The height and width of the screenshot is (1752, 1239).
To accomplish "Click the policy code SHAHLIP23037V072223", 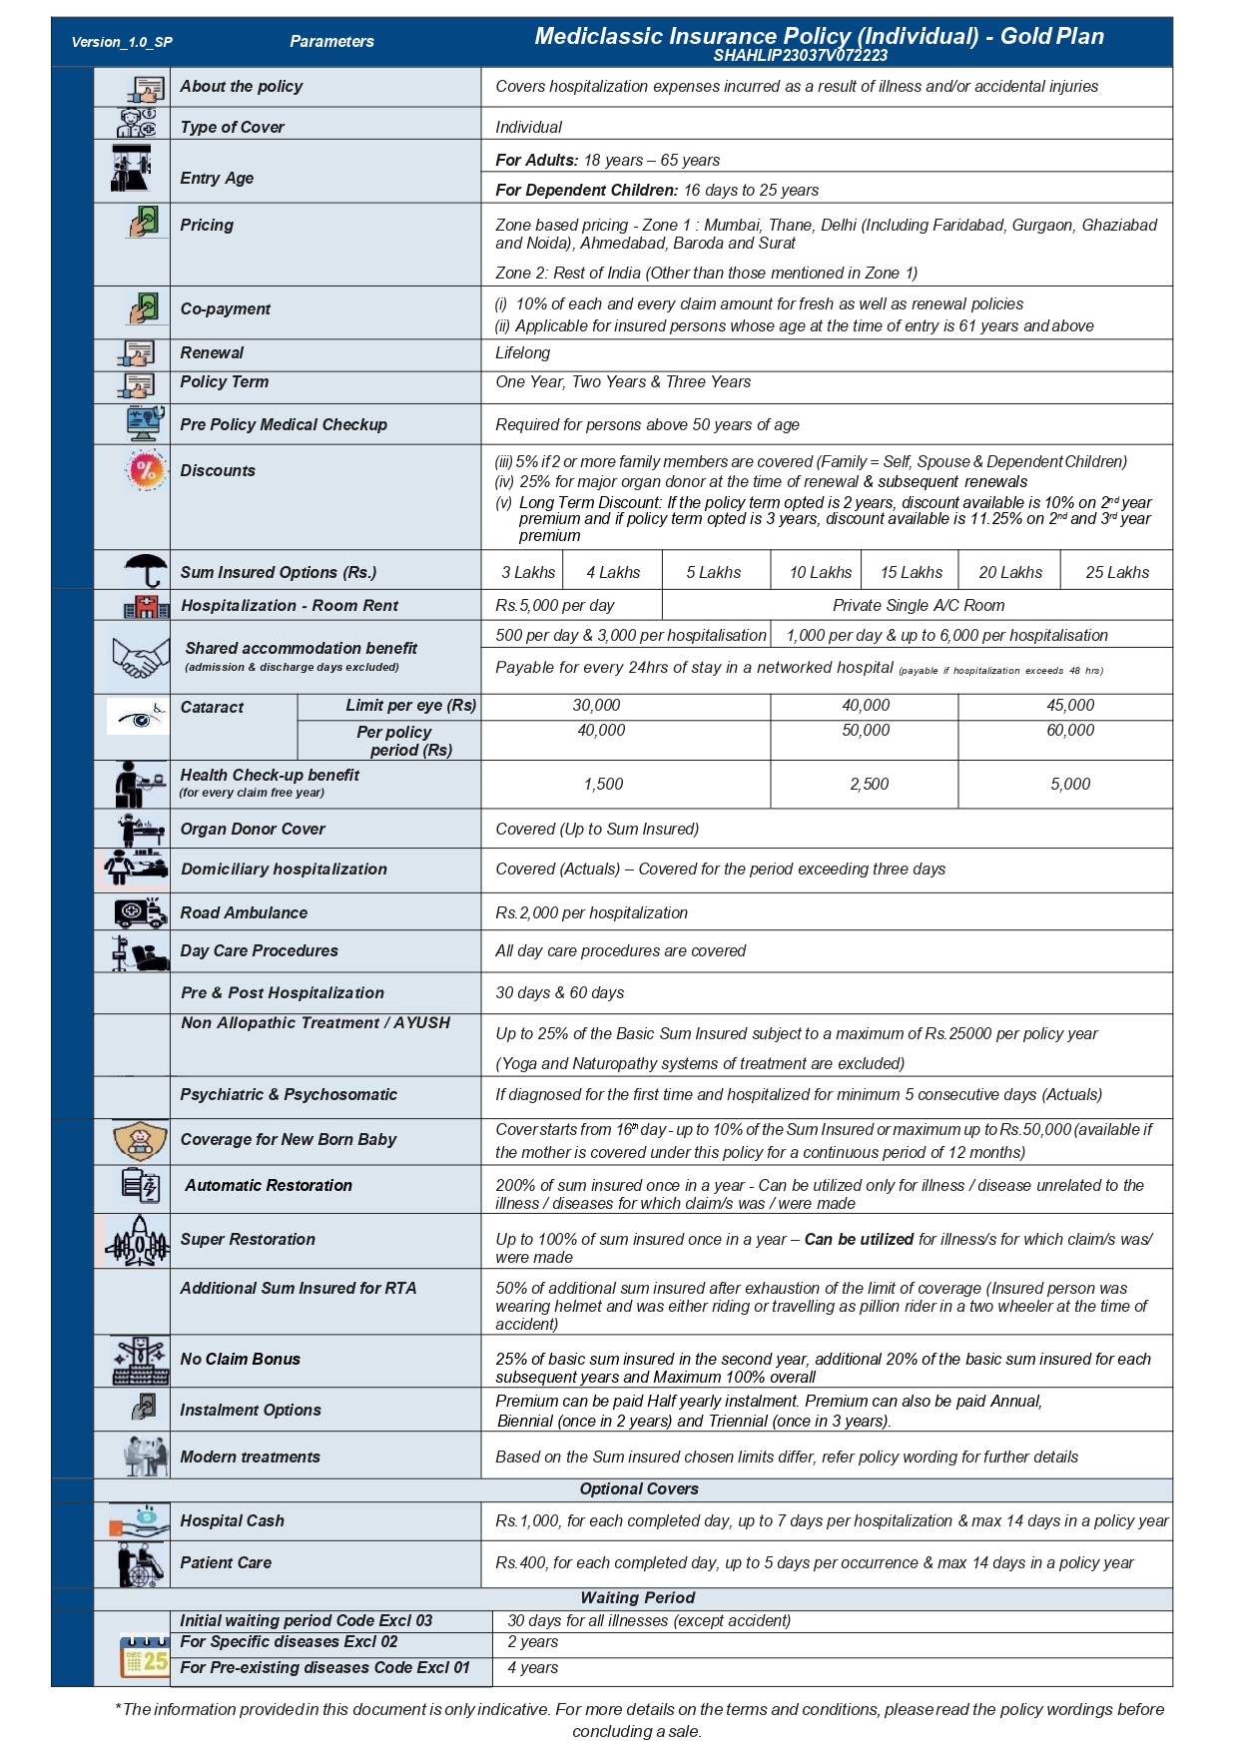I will [800, 56].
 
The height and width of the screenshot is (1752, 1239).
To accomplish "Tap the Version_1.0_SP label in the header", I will [122, 42].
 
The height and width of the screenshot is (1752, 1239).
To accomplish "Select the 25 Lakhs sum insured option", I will [1116, 572].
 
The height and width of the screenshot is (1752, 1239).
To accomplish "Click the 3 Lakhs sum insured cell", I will [527, 572].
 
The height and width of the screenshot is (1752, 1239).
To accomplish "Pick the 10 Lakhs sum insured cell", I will [820, 572].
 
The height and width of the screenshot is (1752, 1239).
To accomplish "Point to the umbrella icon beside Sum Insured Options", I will [146, 570].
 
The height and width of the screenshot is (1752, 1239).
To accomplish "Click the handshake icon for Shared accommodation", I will [140, 657].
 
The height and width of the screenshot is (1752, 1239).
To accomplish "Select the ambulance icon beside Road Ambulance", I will [140, 911].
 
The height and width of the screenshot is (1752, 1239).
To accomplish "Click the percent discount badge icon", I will [146, 470].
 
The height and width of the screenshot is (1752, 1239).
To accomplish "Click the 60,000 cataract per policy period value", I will [1069, 730].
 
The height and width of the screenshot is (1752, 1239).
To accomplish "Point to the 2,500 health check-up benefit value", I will [869, 784].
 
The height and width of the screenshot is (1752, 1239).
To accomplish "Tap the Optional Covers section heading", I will [639, 1488].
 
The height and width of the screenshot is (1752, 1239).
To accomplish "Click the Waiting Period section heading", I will [637, 1597].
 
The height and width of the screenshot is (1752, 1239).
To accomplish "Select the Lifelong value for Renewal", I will [522, 352].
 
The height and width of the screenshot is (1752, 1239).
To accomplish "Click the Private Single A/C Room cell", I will [918, 605].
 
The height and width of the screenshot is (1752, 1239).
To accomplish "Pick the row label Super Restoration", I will [248, 1239].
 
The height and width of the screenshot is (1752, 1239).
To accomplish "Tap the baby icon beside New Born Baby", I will [140, 1139].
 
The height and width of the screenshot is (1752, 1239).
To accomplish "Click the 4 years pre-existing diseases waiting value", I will [532, 1667].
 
